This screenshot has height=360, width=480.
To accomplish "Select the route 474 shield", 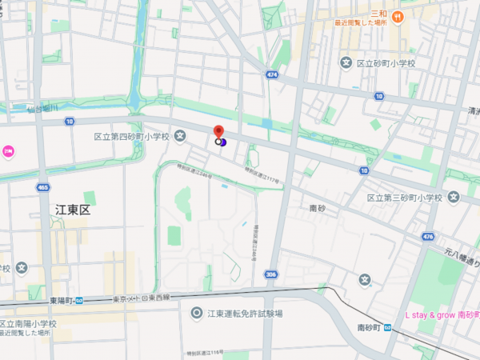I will pyautogui.click(x=273, y=75).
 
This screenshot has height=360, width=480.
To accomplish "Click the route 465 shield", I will pyautogui.click(x=42, y=186).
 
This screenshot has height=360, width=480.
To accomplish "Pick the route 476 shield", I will pyautogui.click(x=429, y=237).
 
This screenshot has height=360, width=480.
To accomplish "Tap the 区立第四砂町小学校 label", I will pyautogui.click(x=131, y=137).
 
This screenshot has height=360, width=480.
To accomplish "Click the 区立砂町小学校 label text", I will pyautogui.click(x=392, y=62).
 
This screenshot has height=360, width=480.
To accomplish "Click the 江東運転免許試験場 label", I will pyautogui.click(x=245, y=314).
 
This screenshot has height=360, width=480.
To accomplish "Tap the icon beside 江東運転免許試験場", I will pyautogui.click(x=196, y=313).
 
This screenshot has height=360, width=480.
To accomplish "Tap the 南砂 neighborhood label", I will pyautogui.click(x=318, y=208).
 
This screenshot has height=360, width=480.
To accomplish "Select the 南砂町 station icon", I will pyautogui.click(x=388, y=328).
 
